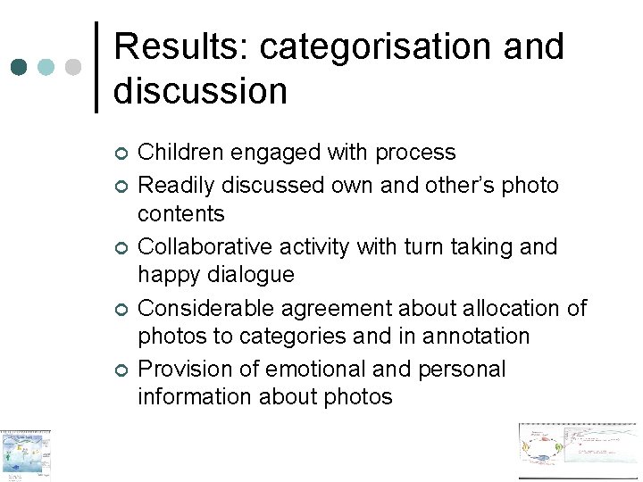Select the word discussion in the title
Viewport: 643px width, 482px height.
tap(200, 90)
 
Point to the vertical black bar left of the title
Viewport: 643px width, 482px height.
tap(96, 67)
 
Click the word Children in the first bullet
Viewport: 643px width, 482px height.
tap(180, 153)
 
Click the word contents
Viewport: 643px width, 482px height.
tap(181, 213)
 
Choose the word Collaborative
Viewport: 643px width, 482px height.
tap(201, 246)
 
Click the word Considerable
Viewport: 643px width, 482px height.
tap(206, 308)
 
